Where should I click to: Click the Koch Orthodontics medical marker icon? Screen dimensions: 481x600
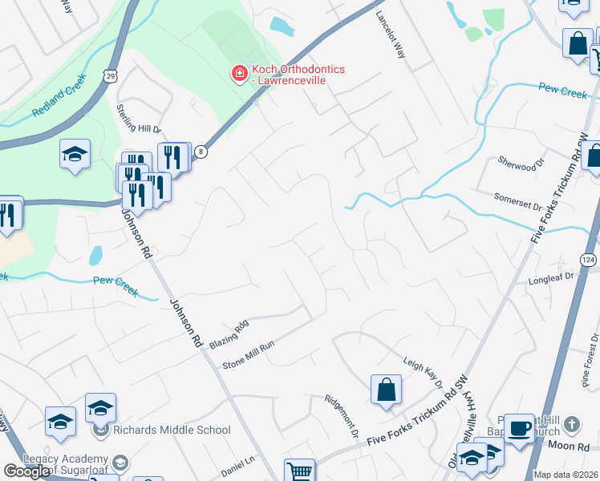click(238, 75)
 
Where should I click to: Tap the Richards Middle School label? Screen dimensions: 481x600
click(172, 430)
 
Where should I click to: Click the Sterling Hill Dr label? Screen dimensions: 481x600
click(140, 118)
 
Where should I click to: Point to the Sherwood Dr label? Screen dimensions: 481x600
click(516, 164)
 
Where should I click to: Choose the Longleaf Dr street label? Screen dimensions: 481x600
click(552, 280)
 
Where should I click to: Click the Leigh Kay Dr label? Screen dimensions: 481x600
click(423, 373)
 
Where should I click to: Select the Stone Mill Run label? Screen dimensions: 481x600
click(249, 354)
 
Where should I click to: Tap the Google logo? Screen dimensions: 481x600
click(27, 471)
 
